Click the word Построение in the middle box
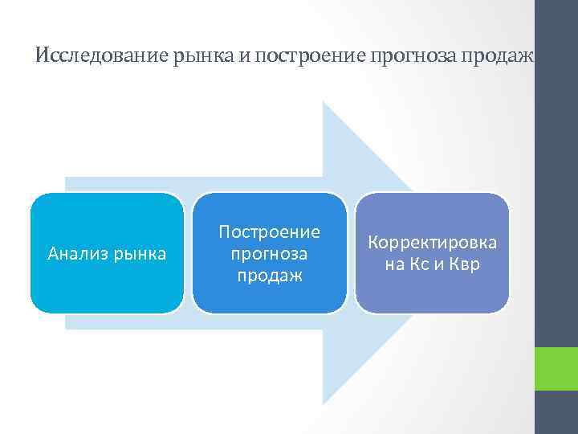click(270, 232)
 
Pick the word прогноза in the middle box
click(270, 254)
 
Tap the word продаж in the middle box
click(270, 276)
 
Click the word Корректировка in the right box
click(432, 243)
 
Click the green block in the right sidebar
click(556, 369)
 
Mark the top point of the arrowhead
click(324, 102)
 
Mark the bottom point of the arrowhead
click(324, 403)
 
